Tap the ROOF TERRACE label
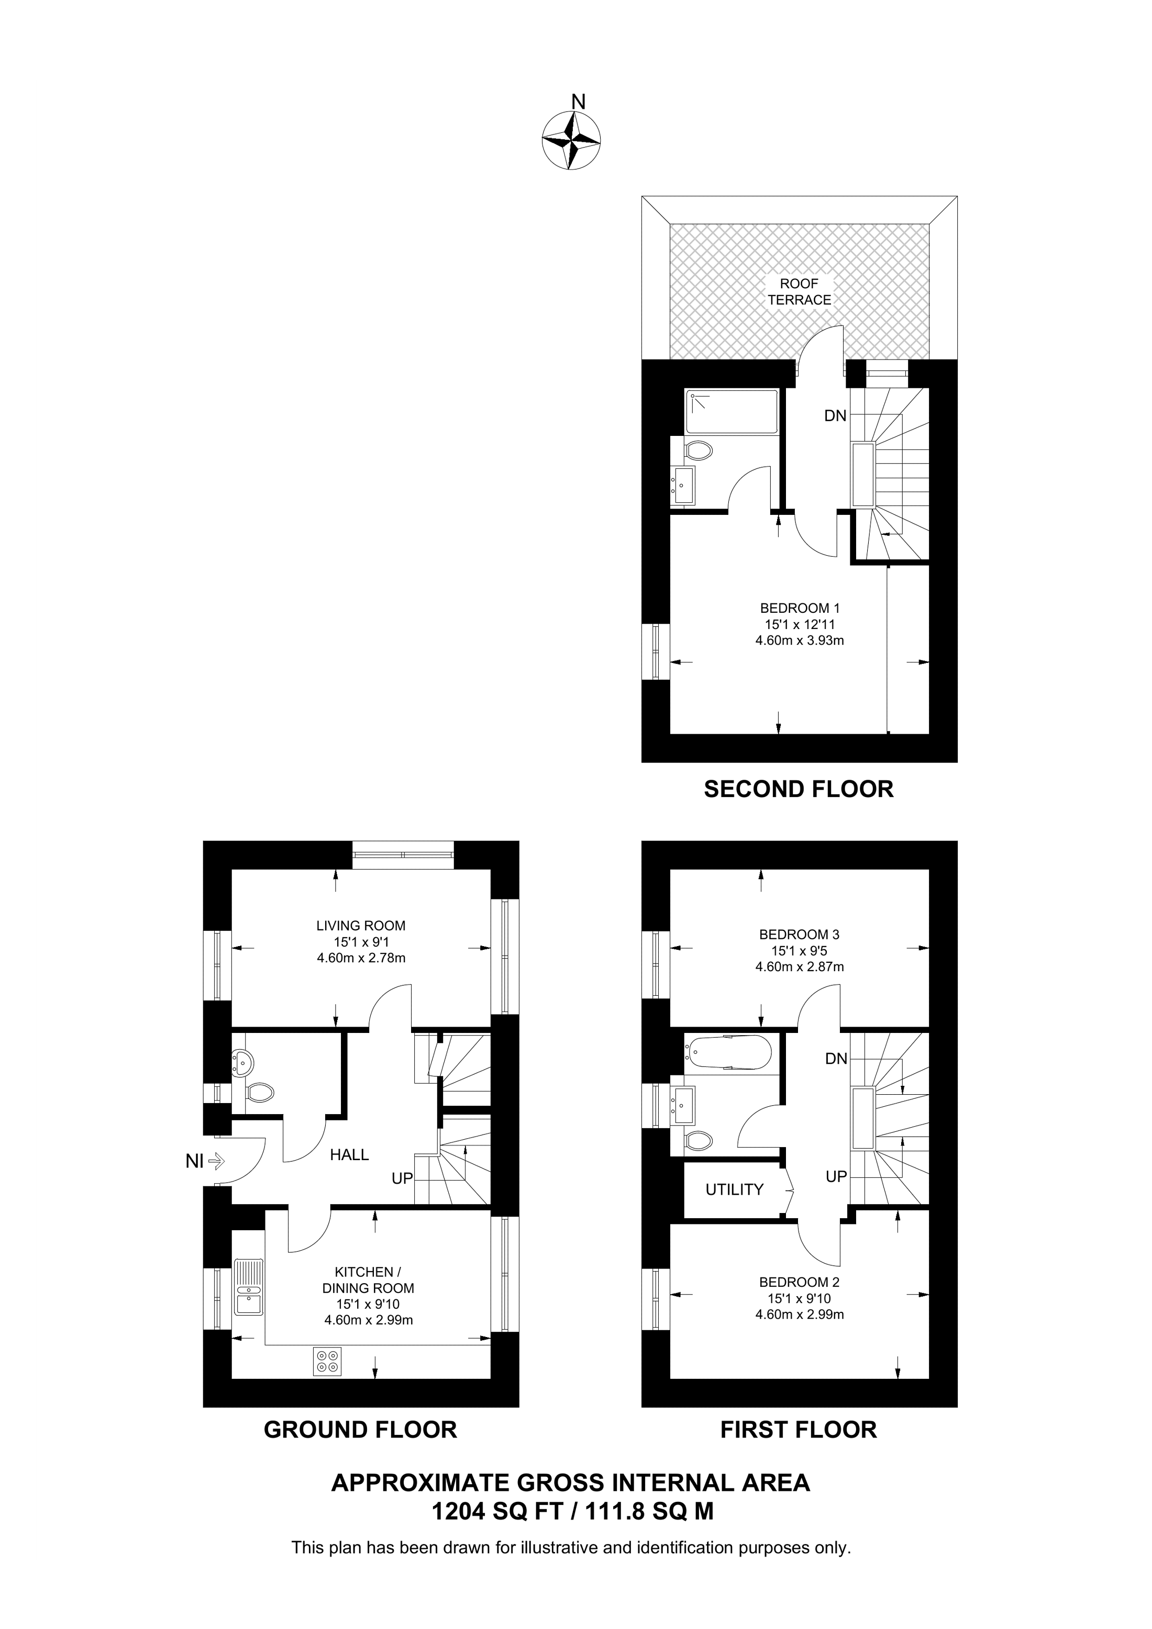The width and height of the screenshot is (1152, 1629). (799, 291)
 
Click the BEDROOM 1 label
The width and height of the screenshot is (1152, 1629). (799, 608)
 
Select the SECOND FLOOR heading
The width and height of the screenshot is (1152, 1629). (799, 789)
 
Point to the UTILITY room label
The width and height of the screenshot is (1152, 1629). (734, 1189)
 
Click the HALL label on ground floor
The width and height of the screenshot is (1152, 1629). (349, 1155)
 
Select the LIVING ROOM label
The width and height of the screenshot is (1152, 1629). (361, 925)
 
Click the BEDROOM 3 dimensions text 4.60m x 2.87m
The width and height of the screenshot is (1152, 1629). (799, 967)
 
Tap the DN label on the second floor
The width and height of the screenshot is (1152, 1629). (835, 417)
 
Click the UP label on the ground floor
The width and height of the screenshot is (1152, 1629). (403, 1178)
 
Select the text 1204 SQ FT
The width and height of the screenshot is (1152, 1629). (496, 1512)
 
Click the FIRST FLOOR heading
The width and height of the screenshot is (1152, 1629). (799, 1429)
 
